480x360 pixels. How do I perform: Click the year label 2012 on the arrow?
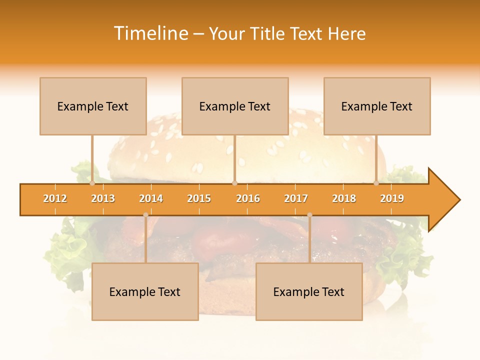pyautogui.click(x=55, y=198)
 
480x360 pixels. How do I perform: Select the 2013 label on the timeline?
pyautogui.click(x=103, y=198)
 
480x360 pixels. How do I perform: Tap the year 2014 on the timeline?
pyautogui.click(x=151, y=198)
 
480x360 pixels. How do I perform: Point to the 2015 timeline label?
pyautogui.click(x=199, y=198)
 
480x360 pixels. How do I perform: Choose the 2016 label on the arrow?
pyautogui.click(x=248, y=198)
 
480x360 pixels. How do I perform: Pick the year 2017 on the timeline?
pyautogui.click(x=296, y=198)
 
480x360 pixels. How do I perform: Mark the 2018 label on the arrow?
pyautogui.click(x=344, y=198)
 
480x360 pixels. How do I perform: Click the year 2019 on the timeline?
pyautogui.click(x=392, y=198)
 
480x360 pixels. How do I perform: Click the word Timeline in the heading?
pyautogui.click(x=150, y=33)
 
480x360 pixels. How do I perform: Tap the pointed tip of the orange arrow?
pyautogui.click(x=458, y=200)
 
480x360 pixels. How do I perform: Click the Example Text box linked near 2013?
pyautogui.click(x=93, y=106)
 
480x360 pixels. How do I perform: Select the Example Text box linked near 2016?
pyautogui.click(x=235, y=106)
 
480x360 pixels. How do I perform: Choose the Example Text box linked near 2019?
pyautogui.click(x=377, y=106)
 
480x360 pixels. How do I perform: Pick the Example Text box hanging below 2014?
pyautogui.click(x=145, y=292)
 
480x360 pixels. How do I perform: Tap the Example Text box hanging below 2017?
pyautogui.click(x=309, y=292)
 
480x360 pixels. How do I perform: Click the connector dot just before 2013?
pyautogui.click(x=92, y=183)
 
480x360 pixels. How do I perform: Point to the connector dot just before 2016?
pyautogui.click(x=234, y=183)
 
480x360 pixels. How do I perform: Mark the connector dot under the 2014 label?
pyautogui.click(x=145, y=215)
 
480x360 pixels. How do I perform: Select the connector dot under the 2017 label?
pyautogui.click(x=309, y=215)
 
